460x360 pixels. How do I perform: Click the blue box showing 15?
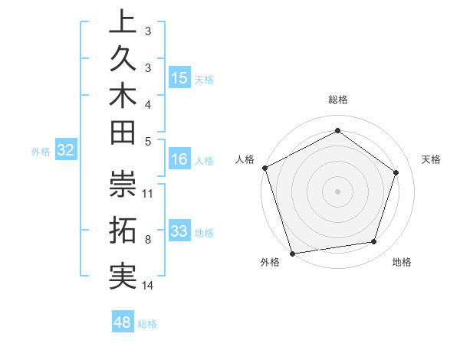pos(179,78)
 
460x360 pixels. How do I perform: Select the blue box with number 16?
pos(179,160)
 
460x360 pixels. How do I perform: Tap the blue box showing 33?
pos(179,231)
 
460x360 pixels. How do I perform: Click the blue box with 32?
pos(66,151)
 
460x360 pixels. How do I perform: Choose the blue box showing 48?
pos(123,322)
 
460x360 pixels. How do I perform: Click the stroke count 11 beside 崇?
pos(149,193)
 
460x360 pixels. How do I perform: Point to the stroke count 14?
pos(149,286)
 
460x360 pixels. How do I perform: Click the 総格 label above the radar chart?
pos(337,100)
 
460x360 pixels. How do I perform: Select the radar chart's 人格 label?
pos(245,159)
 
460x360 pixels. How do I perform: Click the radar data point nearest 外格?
pos(292,253)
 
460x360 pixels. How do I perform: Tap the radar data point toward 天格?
pos(396,172)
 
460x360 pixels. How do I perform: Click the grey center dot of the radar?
pos(337,191)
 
